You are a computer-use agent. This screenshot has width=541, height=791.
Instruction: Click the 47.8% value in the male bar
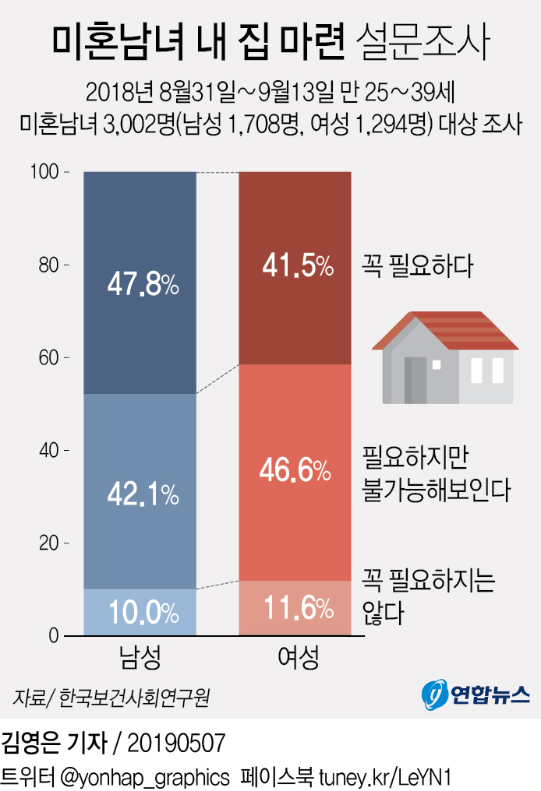pos(143,285)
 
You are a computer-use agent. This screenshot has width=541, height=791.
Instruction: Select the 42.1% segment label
pos(143,493)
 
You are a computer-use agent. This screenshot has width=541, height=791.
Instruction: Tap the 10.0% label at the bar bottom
pos(143,613)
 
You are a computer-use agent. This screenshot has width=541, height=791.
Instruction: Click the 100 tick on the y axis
pos(46,172)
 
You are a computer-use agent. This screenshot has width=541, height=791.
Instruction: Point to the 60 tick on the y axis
pos(49,358)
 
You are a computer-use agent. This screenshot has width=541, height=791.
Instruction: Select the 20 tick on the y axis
pos(49,543)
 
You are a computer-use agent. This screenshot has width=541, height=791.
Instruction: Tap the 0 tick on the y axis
pos(54,636)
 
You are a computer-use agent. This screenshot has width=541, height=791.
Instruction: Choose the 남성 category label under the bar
pos(140,659)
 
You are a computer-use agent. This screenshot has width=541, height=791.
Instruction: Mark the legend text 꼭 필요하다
pos(418,267)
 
